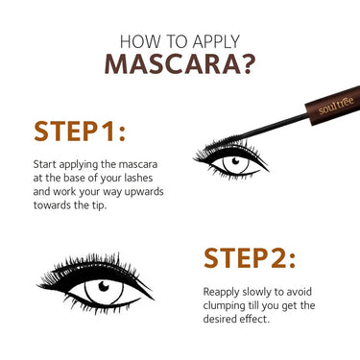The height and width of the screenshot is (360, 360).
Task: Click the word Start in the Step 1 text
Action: tap(46, 164)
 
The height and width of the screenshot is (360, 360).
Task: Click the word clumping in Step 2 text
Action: tap(229, 304)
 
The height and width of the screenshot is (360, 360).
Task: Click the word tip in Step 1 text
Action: tap(107, 204)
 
